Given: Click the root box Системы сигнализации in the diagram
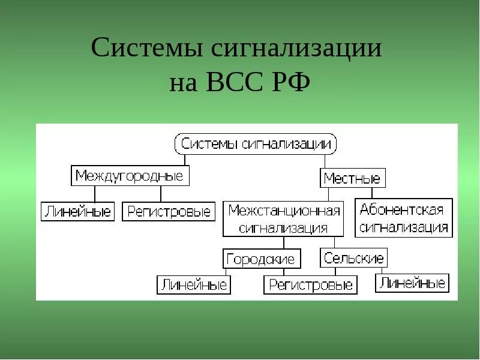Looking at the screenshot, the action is [x=256, y=145].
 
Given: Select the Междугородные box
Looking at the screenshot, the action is [x=130, y=176].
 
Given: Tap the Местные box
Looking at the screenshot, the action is [x=352, y=178].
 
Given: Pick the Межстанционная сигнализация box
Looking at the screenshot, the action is [x=284, y=219].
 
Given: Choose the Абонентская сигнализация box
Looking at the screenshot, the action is [x=404, y=218].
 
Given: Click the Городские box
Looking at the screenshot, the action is [x=260, y=259].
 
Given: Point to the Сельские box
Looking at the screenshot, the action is [x=353, y=258].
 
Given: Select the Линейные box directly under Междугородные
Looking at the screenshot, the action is [x=77, y=212].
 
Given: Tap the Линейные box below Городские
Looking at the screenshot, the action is [x=194, y=284].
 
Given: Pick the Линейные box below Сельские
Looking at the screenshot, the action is [x=412, y=283].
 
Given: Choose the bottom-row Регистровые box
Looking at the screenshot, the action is [x=310, y=285].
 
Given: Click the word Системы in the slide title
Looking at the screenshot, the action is [x=146, y=48].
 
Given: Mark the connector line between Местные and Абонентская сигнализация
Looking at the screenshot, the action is [x=371, y=193].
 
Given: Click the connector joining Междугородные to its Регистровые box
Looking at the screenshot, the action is [x=161, y=194].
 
